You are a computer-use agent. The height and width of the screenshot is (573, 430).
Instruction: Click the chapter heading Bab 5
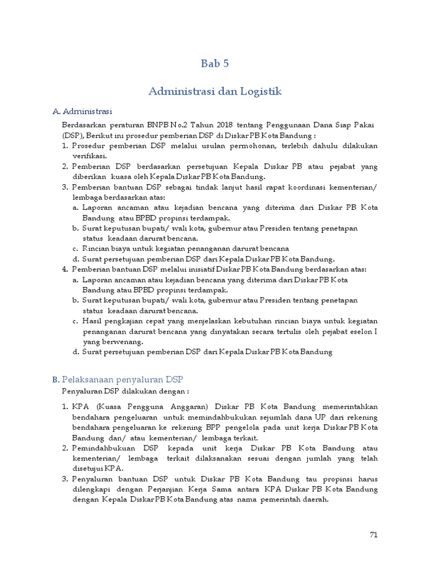coord(215,64)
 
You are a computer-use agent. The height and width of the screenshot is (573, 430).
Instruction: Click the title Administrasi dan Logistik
coord(215,91)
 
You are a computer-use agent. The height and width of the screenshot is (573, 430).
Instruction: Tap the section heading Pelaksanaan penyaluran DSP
coord(127,379)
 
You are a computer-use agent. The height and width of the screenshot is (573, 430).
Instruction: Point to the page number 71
coord(374,534)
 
